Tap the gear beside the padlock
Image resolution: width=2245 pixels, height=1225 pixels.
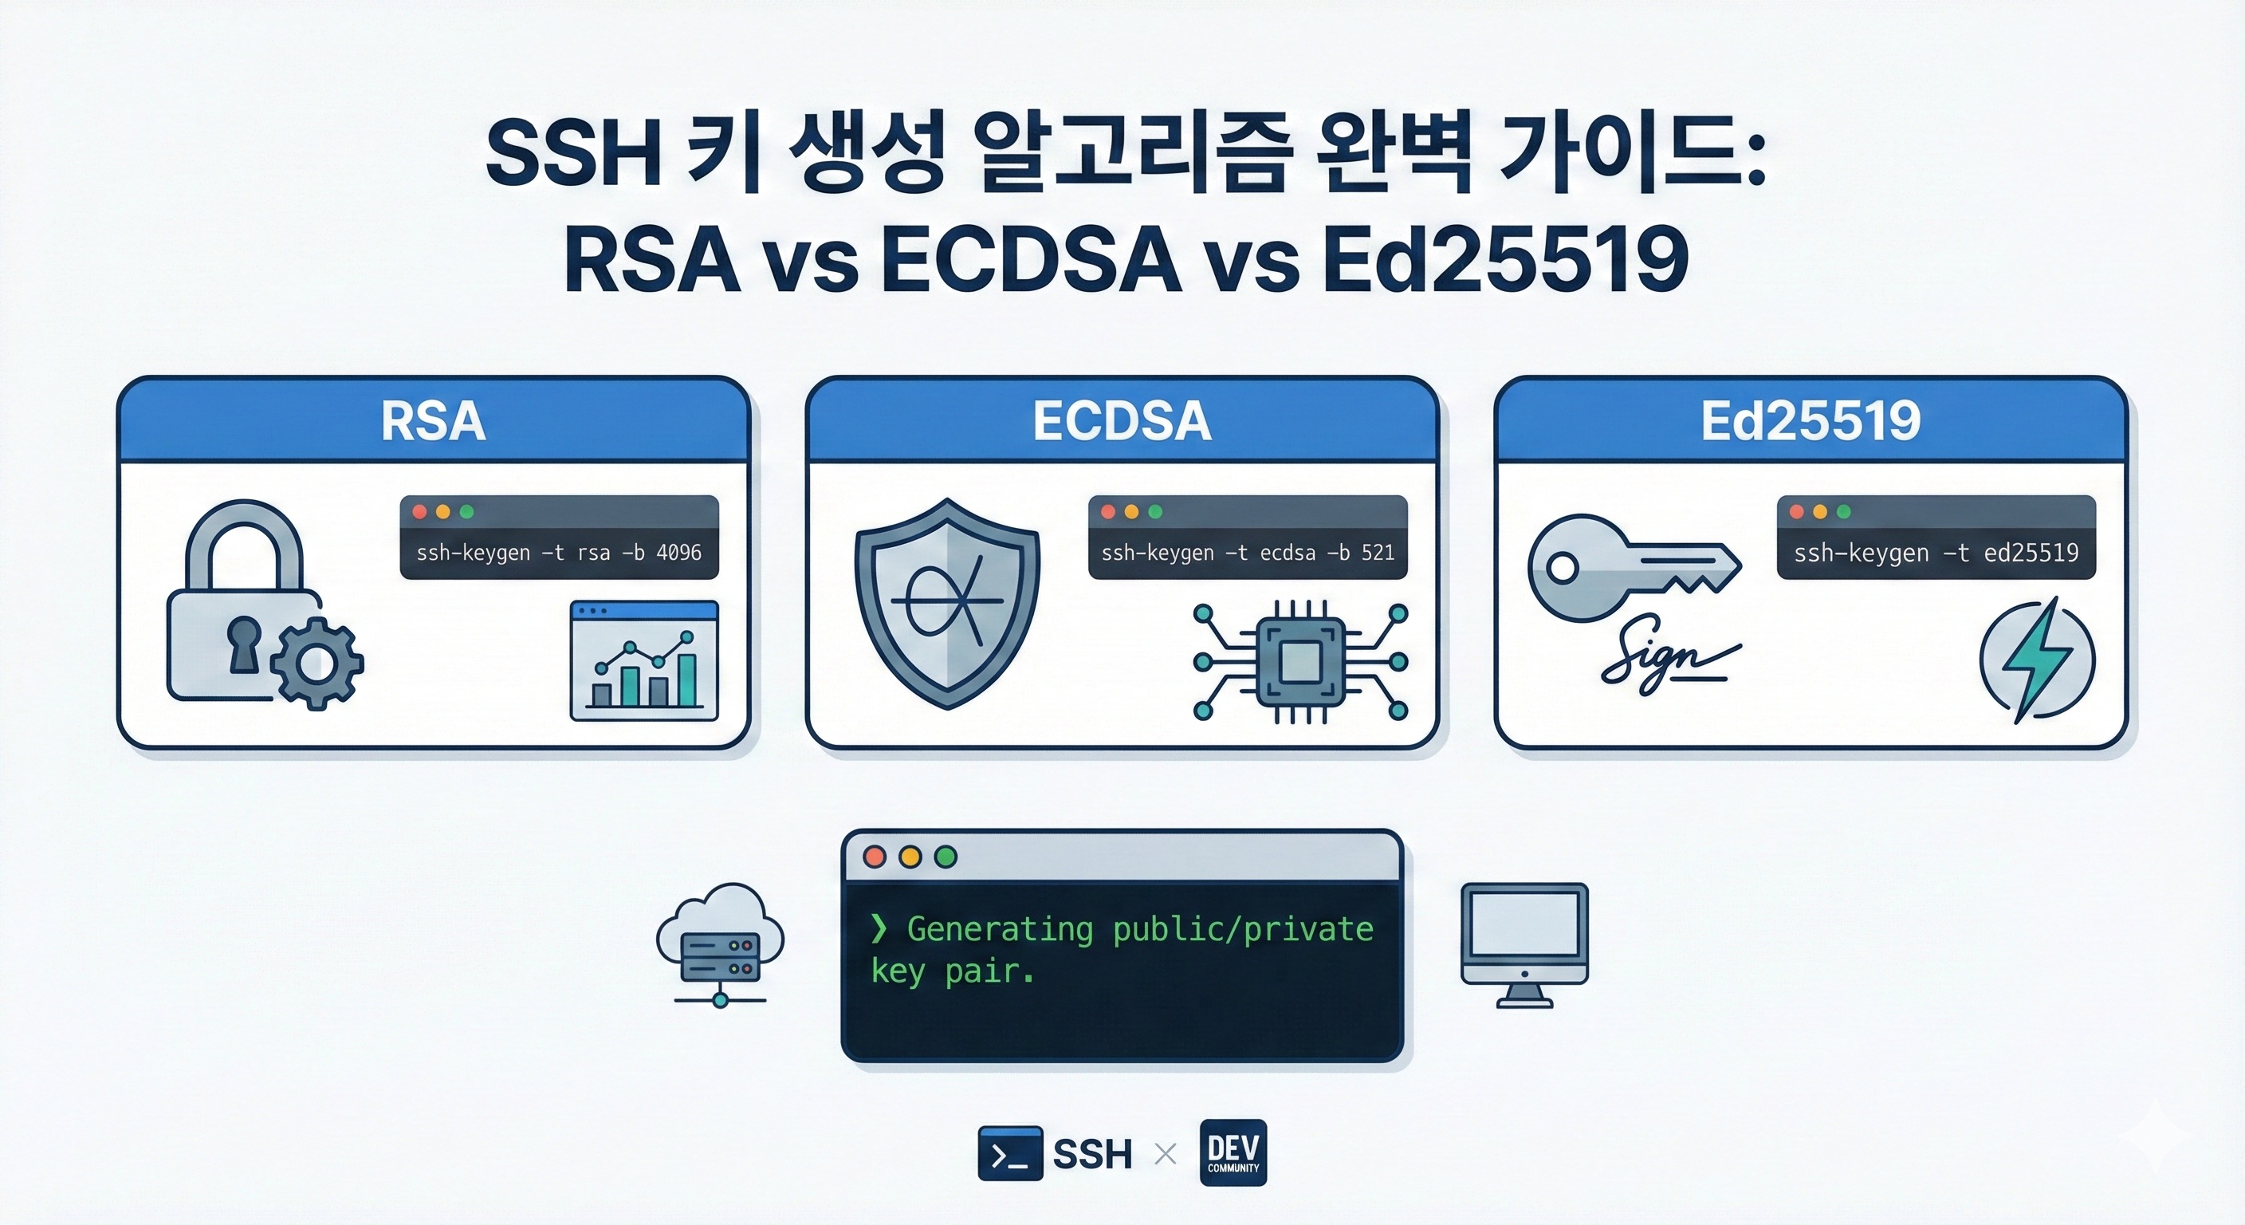coord(317,663)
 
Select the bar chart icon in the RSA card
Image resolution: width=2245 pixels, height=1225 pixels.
coord(644,661)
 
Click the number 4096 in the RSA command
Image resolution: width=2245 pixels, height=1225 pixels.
coord(679,553)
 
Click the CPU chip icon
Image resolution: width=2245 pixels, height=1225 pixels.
coord(1300,662)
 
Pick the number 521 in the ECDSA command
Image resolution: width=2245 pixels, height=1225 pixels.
coord(1378,553)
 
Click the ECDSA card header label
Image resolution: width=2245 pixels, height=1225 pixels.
coord(1122,421)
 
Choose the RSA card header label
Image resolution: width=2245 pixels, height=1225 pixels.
coord(433,421)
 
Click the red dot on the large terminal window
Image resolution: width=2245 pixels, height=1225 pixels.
coord(874,857)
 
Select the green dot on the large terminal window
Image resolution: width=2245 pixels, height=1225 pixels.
coord(946,857)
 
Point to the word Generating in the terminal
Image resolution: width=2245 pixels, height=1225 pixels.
coord(1000,929)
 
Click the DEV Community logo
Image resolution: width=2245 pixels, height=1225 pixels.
coord(1233,1152)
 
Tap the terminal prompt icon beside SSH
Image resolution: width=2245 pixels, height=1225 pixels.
coord(1010,1153)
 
